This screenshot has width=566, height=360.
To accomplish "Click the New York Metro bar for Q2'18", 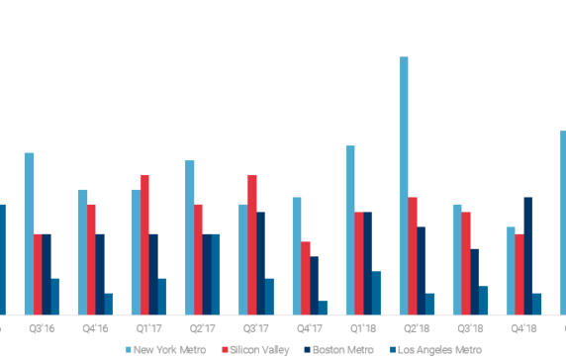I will click(404, 186).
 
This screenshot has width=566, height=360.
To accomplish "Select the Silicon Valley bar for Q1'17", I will click(144, 244).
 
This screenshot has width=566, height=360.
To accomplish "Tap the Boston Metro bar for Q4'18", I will click(528, 255).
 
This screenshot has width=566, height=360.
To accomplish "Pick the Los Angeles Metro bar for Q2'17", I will click(215, 274).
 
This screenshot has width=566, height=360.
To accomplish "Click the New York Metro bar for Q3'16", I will click(29, 233).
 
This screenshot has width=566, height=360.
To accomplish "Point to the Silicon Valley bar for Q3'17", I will click(252, 244).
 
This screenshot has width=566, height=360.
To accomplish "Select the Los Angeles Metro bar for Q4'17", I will click(323, 308).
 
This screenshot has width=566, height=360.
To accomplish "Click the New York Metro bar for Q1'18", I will click(350, 229).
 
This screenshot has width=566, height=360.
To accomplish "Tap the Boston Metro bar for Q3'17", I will click(261, 263).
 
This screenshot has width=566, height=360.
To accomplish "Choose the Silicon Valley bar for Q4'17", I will click(306, 278).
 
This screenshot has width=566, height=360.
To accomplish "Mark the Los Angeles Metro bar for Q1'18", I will click(376, 293).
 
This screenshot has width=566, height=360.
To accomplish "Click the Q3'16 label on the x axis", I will click(42, 327).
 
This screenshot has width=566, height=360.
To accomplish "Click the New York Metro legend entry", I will click(169, 349).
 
